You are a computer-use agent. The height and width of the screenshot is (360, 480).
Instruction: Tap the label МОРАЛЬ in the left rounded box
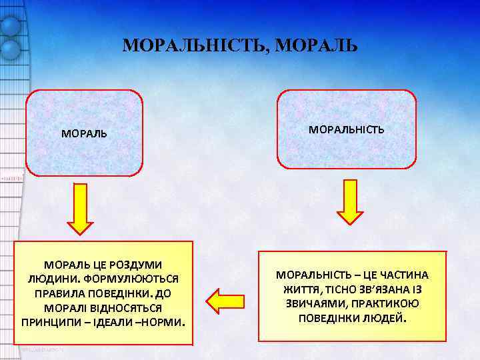84,133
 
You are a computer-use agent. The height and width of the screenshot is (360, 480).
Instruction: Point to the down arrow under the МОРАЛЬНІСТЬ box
350,203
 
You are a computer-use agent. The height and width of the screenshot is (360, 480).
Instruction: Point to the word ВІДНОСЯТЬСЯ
130,308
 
